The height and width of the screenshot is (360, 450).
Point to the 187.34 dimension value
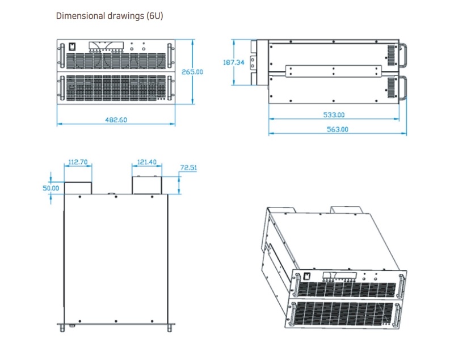[234, 62]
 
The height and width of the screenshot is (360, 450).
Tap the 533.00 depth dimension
[334, 115]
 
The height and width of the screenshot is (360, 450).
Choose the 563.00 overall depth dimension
[337, 130]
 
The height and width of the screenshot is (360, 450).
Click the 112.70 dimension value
[78, 162]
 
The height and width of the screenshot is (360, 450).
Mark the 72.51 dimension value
[188, 168]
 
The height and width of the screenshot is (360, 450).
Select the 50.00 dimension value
[51, 188]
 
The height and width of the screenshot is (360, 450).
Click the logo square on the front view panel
[72, 47]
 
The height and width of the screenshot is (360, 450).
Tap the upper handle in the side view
[405, 55]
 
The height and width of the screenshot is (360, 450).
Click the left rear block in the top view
[78, 188]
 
